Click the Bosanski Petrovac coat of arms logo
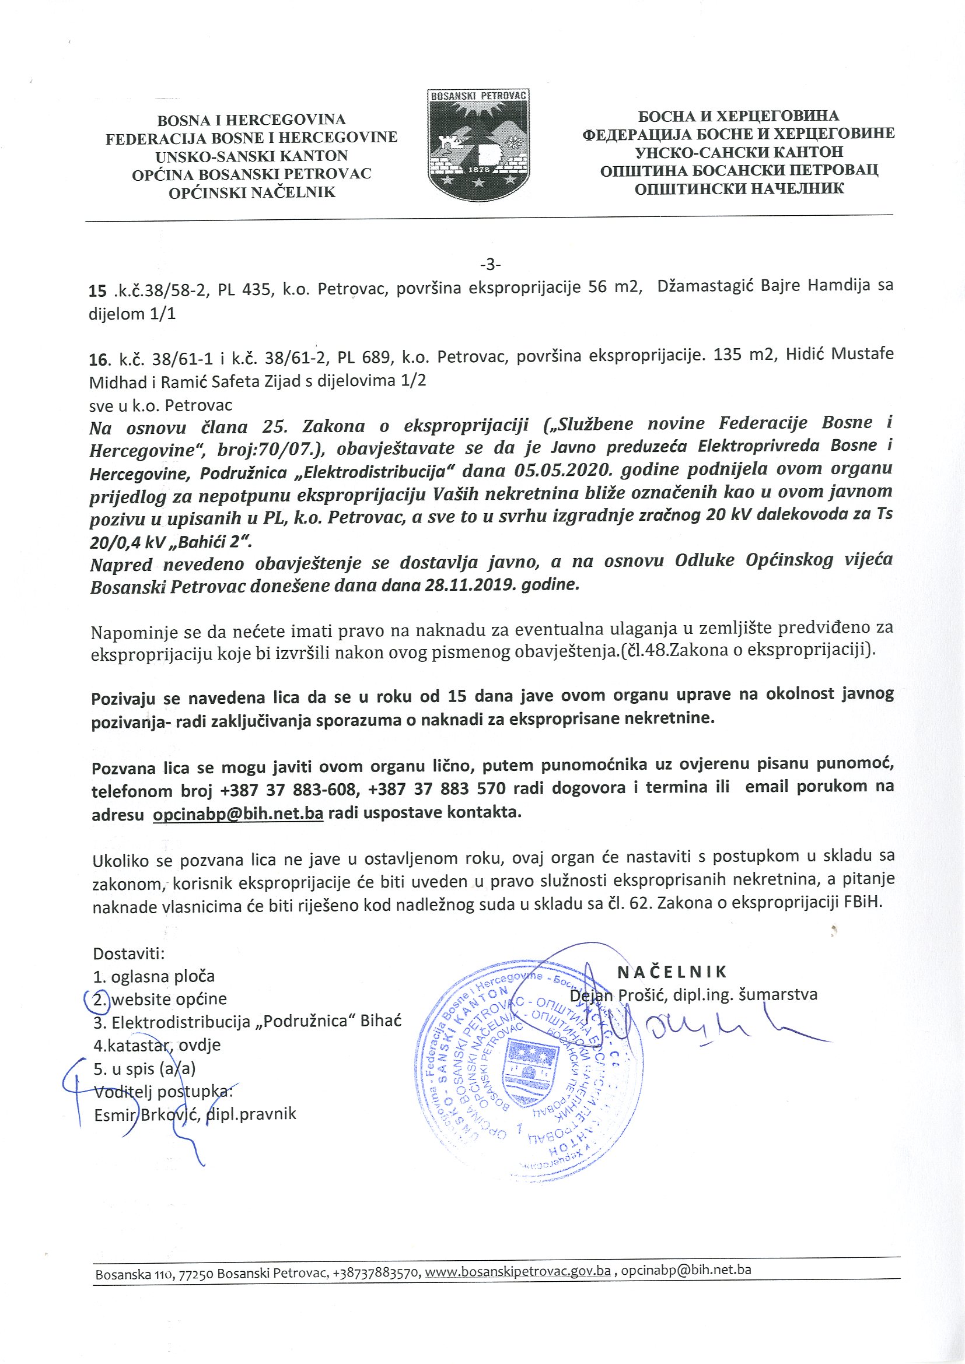[x=479, y=146]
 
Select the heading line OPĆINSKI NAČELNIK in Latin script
[x=252, y=192]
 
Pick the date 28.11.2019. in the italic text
[x=464, y=584]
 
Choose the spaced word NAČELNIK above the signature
[x=672, y=972]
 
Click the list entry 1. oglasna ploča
[x=153, y=976]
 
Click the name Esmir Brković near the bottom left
[x=146, y=1114]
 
